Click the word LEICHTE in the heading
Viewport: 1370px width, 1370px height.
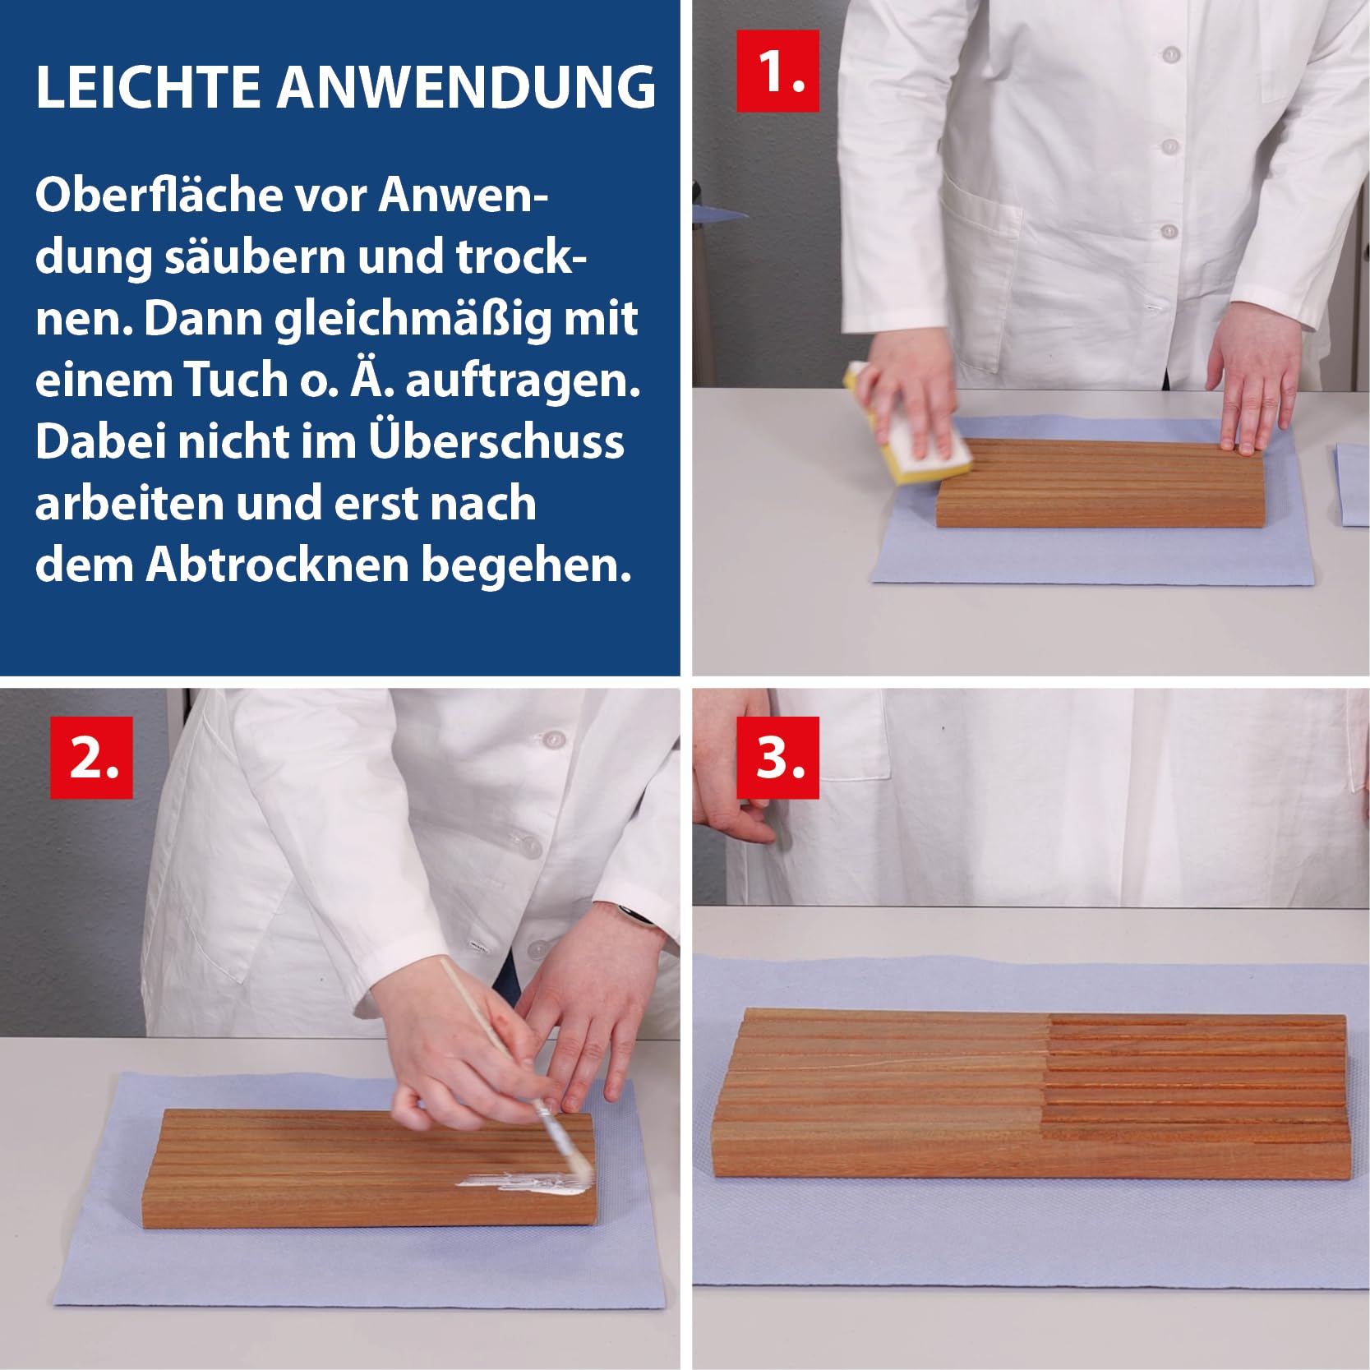point(148,86)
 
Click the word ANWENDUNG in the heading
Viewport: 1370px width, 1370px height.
point(466,86)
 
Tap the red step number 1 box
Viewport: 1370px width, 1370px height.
point(777,71)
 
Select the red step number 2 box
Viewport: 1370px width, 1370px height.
point(91,757)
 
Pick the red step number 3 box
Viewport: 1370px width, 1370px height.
point(777,757)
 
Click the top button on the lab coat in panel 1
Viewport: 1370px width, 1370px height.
point(1171,54)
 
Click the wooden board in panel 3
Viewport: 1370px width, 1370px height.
point(1033,1096)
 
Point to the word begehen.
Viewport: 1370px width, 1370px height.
point(527,565)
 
